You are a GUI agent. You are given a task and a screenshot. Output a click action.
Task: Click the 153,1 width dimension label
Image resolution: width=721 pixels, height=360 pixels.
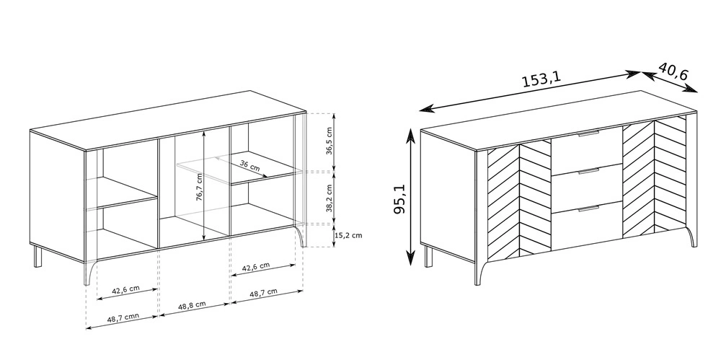541,79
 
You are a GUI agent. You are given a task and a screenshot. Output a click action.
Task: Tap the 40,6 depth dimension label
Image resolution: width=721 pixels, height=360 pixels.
673,71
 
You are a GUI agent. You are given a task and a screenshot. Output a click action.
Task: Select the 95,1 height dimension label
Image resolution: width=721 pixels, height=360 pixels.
399,198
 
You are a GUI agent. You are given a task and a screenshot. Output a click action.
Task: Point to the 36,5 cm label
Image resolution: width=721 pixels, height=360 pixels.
329,141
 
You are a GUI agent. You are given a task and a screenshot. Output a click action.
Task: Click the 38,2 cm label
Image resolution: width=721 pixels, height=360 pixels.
329,198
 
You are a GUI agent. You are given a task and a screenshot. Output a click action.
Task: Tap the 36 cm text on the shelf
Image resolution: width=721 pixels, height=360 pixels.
249,166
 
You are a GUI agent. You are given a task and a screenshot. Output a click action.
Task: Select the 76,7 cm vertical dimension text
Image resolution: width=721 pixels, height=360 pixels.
199,187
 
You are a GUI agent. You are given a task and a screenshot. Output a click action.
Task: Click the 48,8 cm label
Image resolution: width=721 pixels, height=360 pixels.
192,305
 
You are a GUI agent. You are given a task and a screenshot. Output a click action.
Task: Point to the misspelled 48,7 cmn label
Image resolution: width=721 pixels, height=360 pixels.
123,317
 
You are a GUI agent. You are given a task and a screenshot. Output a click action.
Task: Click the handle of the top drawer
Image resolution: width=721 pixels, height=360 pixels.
588,134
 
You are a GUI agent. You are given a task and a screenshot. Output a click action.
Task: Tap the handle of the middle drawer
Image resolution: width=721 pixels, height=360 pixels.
588,171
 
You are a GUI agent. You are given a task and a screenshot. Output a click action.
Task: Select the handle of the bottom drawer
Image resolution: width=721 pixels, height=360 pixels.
588,208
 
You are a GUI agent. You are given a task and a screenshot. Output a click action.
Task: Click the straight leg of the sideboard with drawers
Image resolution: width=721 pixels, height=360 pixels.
428,256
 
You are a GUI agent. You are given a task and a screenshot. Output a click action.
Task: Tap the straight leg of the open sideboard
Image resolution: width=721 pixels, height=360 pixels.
37,256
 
